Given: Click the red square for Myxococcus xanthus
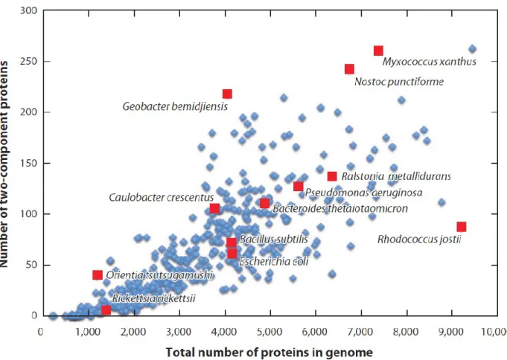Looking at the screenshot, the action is (x=378, y=51).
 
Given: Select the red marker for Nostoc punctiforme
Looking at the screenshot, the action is (x=349, y=69).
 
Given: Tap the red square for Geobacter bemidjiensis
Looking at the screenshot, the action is (x=227, y=94).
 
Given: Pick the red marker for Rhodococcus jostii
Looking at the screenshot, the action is (x=462, y=227).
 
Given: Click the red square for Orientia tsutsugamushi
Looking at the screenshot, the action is (x=98, y=275).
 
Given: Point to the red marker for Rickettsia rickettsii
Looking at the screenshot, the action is (x=106, y=310).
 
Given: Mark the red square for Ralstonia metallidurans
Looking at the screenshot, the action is (x=332, y=176).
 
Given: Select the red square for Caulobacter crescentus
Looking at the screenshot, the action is (x=214, y=208).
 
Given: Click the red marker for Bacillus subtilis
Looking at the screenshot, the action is (x=232, y=242).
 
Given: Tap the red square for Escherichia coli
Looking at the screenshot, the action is (x=232, y=254).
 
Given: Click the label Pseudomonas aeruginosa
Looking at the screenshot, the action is (x=363, y=193).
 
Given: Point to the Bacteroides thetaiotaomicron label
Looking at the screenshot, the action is (x=340, y=208).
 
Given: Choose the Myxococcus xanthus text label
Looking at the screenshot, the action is (x=429, y=62).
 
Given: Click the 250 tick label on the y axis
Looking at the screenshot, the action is (x=28, y=62).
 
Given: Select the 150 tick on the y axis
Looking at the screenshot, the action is (x=28, y=163).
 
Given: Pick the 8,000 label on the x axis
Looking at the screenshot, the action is (x=407, y=332).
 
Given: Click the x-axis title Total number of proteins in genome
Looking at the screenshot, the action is (x=270, y=352).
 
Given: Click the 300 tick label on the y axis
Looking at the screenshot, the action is (x=28, y=10).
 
